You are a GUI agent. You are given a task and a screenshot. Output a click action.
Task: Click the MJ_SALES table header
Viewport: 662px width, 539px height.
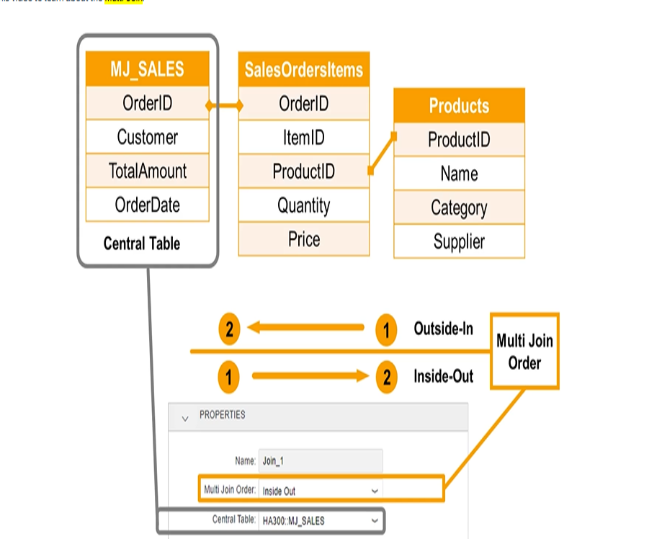(x=147, y=69)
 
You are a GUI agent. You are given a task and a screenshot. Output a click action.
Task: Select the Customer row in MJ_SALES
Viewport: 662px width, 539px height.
(x=147, y=137)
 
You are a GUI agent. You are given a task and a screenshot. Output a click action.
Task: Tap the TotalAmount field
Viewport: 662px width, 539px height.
(x=147, y=171)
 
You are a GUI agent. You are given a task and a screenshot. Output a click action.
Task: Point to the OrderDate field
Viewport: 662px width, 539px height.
(x=147, y=205)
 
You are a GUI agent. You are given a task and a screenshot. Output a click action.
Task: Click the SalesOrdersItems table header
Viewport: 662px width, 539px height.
(x=303, y=70)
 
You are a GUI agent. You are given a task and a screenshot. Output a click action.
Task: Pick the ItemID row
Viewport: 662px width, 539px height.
(x=303, y=137)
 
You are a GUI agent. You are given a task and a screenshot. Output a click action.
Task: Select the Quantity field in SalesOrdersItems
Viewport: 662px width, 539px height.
(x=303, y=205)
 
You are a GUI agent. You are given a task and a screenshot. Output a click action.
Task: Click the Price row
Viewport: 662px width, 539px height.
(x=303, y=239)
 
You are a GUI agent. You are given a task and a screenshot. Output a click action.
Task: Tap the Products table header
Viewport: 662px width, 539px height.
(x=459, y=106)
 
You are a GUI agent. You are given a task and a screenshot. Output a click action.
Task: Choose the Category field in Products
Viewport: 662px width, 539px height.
(x=459, y=208)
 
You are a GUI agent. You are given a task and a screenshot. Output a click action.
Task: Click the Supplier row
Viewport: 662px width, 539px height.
(x=459, y=241)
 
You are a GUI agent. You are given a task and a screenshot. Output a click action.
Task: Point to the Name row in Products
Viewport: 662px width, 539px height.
(x=459, y=174)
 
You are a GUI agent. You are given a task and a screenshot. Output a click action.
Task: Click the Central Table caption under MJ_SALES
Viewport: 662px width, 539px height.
(x=142, y=244)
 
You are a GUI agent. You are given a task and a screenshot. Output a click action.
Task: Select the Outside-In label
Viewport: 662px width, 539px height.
(x=443, y=329)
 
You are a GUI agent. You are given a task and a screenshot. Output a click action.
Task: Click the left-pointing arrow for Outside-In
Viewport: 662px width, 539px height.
(x=306, y=329)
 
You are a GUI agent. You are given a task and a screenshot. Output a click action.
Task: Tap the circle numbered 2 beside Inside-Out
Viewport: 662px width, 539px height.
(x=386, y=377)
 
